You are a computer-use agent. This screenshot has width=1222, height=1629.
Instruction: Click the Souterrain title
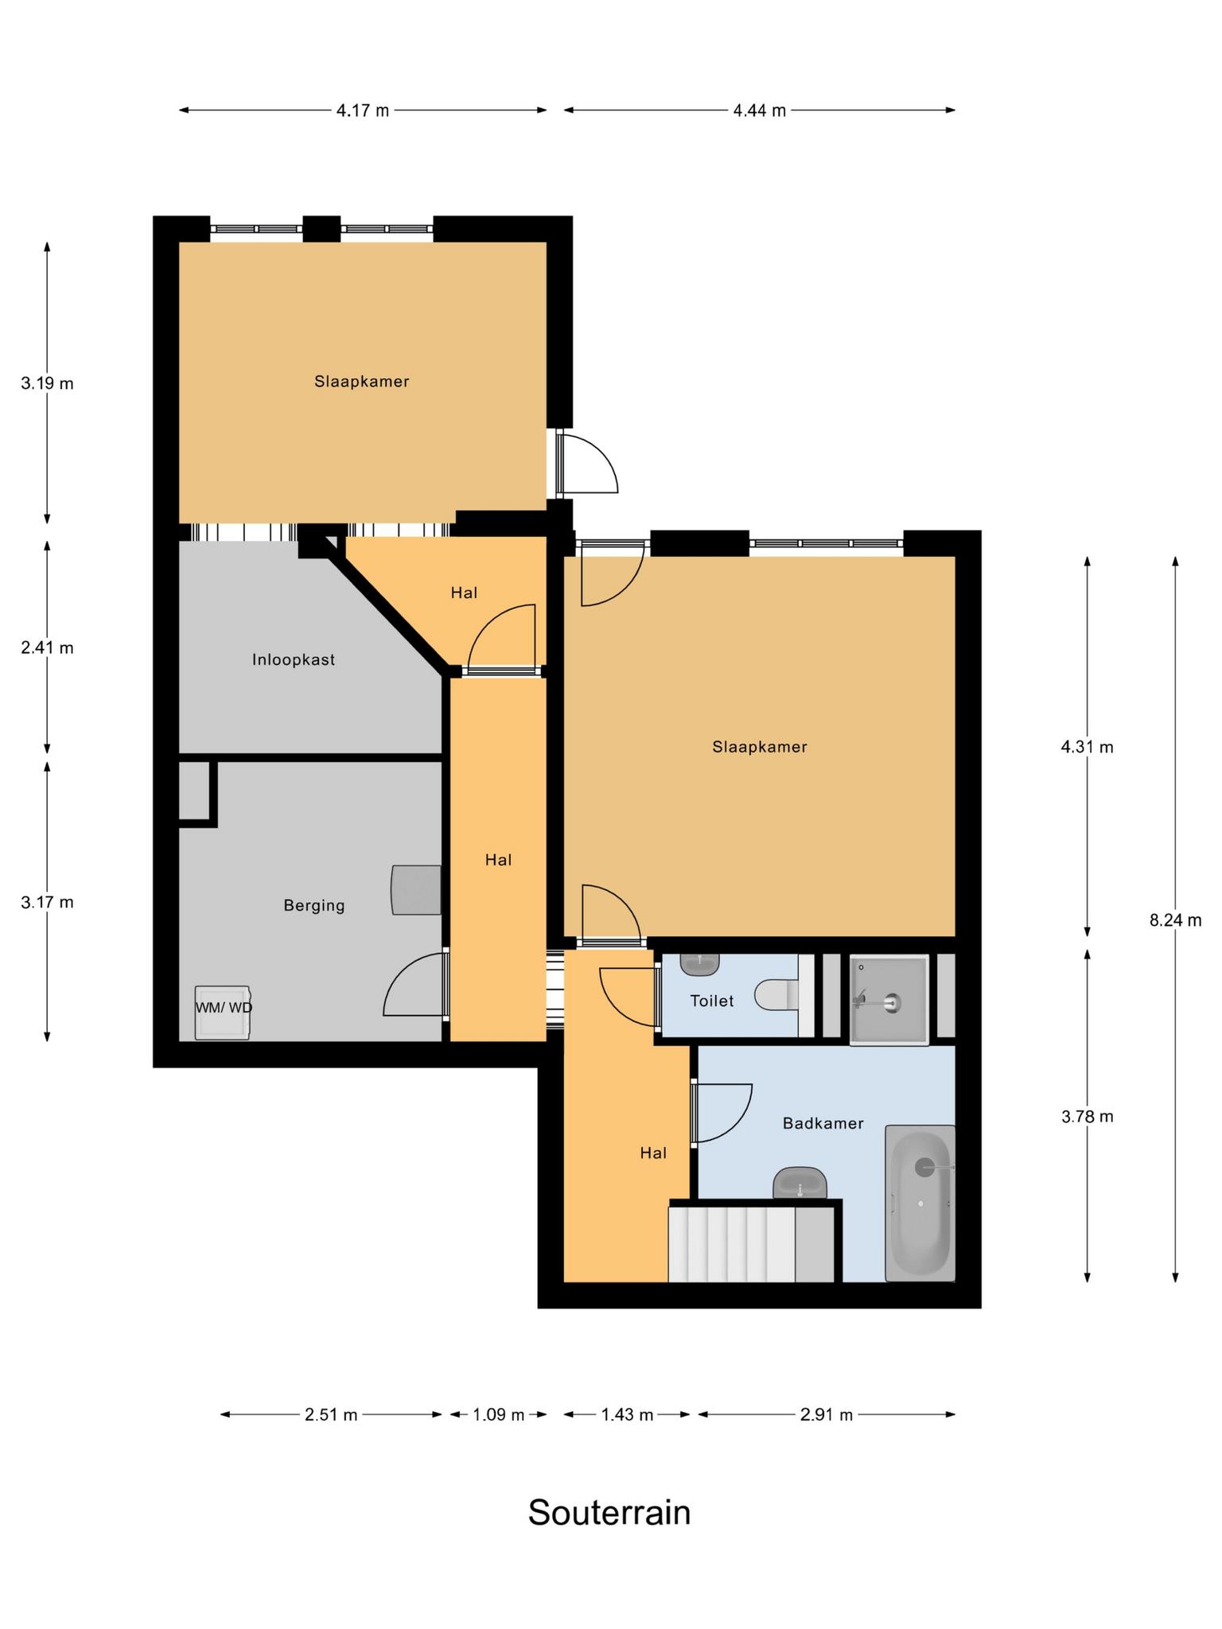609,1512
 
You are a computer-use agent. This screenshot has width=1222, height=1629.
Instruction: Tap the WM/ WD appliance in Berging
224,1012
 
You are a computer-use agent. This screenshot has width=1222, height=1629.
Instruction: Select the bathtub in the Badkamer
920,1203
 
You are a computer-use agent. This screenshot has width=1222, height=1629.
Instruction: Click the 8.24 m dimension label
1175,920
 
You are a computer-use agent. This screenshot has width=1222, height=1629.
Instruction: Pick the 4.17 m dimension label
363,111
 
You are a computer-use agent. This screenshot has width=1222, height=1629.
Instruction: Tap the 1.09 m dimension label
499,1414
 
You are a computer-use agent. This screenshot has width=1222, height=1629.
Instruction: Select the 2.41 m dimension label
47,647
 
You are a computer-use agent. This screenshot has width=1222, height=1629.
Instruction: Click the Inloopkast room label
294,659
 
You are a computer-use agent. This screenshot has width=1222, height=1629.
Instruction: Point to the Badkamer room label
823,1123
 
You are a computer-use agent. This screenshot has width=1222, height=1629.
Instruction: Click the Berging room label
314,905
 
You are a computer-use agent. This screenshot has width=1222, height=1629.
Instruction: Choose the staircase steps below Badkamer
732,1244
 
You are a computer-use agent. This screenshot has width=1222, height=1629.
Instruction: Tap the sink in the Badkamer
800,1184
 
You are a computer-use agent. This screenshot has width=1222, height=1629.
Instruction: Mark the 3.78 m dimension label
1088,1116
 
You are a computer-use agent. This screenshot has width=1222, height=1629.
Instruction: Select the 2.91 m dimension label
827,1414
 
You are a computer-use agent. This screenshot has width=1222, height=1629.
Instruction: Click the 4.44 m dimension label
760,111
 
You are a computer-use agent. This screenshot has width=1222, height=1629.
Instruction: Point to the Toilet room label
712,1001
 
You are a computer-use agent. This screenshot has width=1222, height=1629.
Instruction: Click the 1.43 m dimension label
628,1414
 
